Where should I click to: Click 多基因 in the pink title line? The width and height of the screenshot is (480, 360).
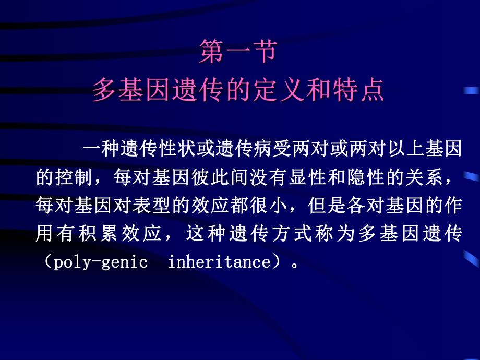(133, 91)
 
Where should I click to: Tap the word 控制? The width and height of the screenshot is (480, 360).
(74, 177)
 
